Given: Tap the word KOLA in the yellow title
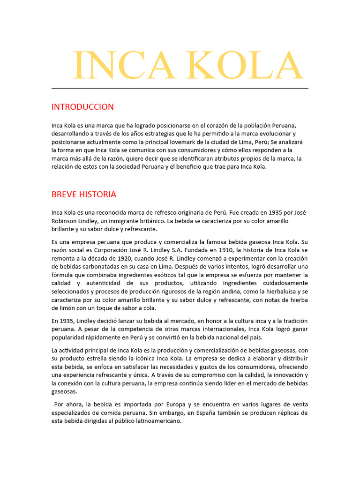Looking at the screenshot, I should point(242,66).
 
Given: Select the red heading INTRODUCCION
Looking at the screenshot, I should point(82,107).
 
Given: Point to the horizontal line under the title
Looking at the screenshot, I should point(180,88).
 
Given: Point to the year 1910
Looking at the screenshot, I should point(225,250).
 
